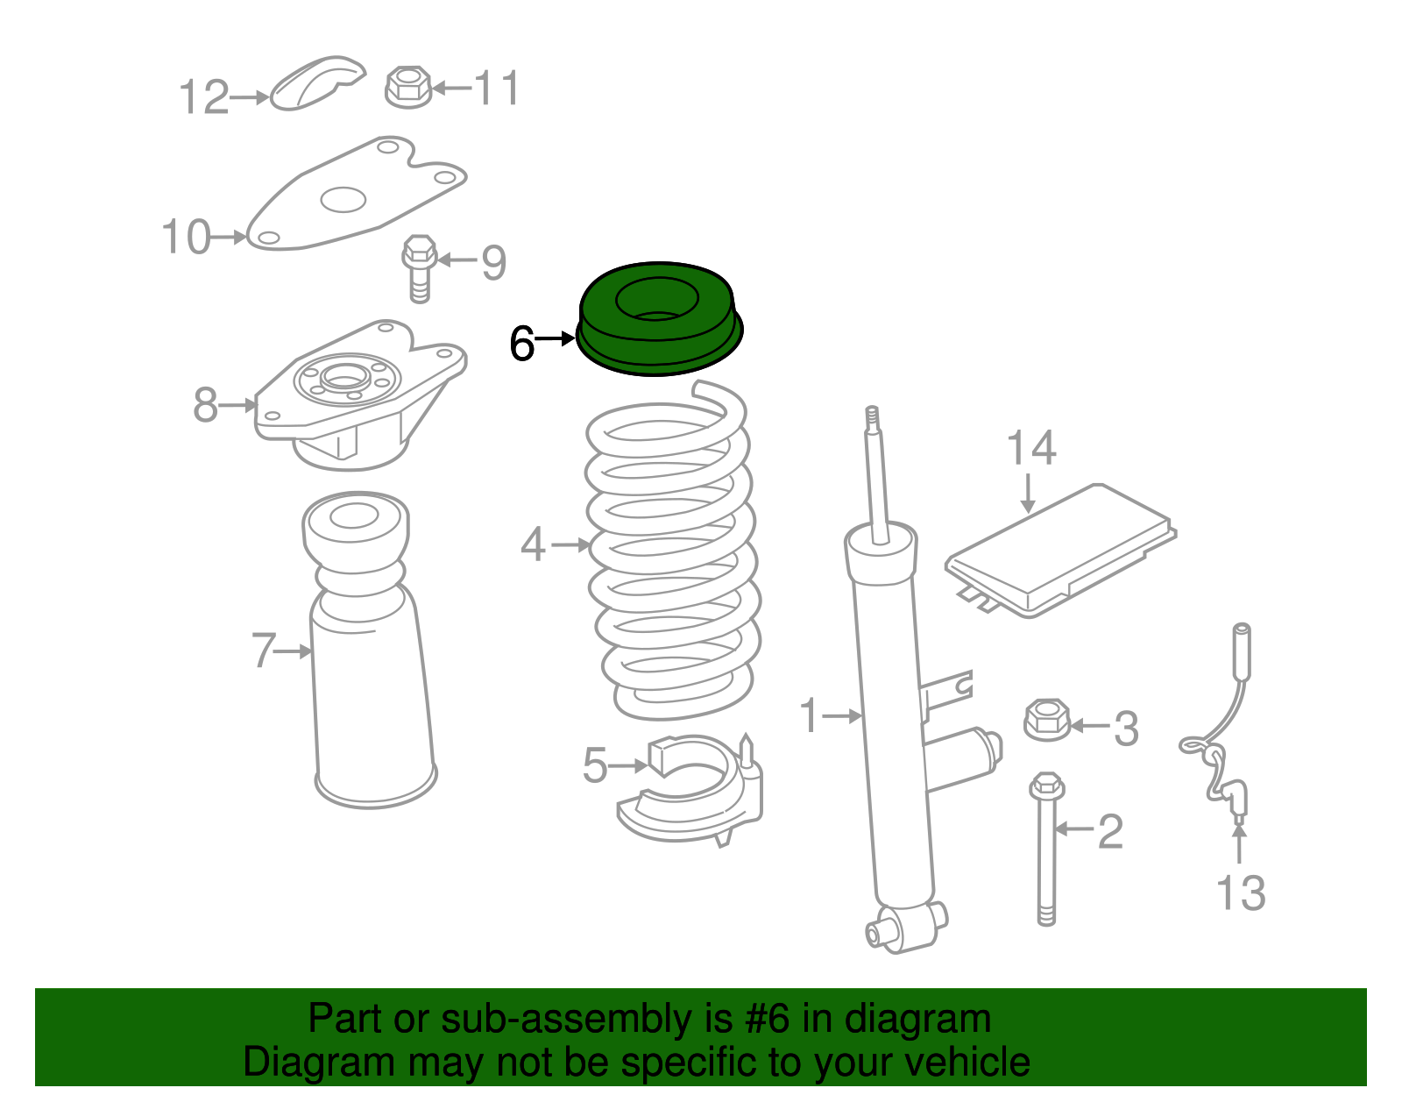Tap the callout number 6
[522, 344]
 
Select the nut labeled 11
[408, 87]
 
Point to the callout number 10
[187, 238]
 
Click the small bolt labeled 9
[420, 267]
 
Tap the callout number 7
[264, 651]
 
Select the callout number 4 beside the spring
[534, 544]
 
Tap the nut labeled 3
[1046, 720]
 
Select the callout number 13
[1241, 893]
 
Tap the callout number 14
[1030, 449]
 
